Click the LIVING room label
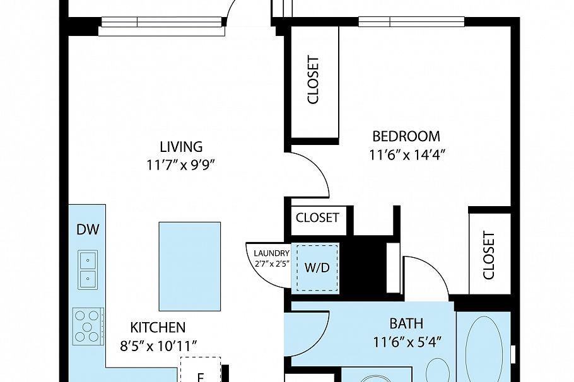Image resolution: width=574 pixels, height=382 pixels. pos(181,147)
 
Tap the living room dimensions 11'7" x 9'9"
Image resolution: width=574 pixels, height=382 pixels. pos(180,165)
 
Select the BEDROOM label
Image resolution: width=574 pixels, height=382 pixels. pos(406,137)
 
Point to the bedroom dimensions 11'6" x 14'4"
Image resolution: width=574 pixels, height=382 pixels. pos(406,155)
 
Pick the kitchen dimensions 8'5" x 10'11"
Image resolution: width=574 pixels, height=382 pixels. pos(158,346)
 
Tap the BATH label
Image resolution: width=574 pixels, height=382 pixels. pos(406,324)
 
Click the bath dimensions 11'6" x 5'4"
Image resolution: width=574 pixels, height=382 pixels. pos(406,342)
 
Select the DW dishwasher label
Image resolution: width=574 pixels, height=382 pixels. pos(88,230)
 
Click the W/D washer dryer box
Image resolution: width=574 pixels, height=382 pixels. pos(317,268)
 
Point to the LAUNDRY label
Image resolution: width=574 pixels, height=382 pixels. pos(272,253)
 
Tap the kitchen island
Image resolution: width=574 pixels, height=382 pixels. pos(190,267)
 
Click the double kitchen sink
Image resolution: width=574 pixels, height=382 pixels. pos(88,270)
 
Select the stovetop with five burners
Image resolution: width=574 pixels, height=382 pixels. pos(88,327)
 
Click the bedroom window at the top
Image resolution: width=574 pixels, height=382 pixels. pos(411,22)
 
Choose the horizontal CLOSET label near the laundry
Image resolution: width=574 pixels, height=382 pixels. pos(317,217)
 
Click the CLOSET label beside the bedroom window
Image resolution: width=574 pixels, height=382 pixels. pos(313,80)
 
